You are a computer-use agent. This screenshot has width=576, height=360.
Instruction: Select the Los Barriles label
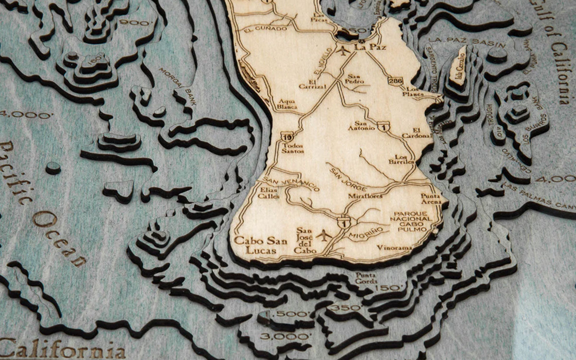pos(404,159)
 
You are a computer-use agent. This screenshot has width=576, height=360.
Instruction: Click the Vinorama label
pos(394,248)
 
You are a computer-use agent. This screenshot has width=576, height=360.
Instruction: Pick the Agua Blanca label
pos(288,104)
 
